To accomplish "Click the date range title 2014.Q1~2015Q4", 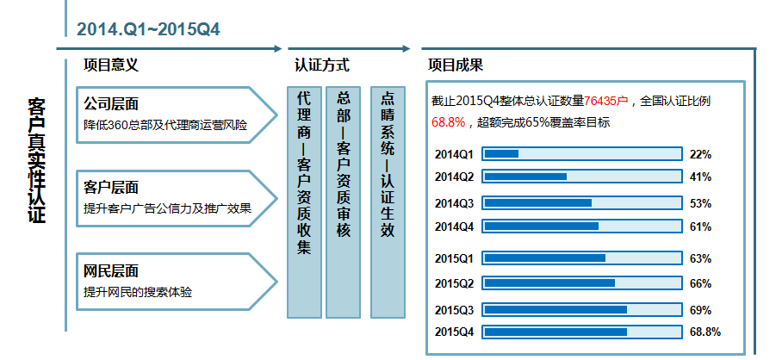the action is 148,29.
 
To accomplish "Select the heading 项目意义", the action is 111,65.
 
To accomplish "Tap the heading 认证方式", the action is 322,65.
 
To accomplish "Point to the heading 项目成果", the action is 456,65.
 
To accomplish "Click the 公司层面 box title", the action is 111,104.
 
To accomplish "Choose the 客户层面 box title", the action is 111,188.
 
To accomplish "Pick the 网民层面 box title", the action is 111,271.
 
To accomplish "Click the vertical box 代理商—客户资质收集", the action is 304,202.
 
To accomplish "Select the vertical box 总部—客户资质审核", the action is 343,202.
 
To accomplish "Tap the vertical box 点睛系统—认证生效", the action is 388,202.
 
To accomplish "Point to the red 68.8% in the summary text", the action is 449,122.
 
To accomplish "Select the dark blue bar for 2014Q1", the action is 501,153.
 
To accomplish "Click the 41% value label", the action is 700,177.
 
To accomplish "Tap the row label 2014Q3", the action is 454,203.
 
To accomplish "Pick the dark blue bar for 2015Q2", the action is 549,282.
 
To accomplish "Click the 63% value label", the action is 700,258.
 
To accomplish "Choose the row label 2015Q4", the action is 454,332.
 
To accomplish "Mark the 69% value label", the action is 700,310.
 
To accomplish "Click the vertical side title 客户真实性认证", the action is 37,160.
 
